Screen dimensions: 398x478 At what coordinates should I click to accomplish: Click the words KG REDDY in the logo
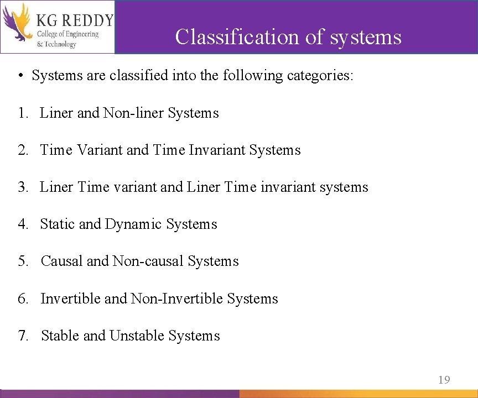click(75, 20)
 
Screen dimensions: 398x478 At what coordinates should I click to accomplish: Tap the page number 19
click(444, 380)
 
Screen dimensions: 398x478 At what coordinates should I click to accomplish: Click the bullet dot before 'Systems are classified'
click(19, 76)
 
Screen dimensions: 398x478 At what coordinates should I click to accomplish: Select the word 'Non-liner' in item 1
click(133, 113)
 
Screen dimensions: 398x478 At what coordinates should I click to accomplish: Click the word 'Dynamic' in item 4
click(133, 224)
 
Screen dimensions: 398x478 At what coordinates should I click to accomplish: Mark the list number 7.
click(22, 336)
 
